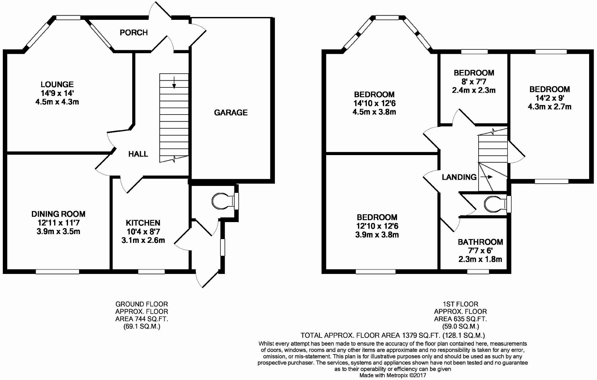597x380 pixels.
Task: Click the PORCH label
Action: tap(134, 32)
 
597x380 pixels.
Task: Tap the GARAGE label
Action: tap(230, 112)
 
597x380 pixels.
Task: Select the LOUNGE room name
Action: tap(57, 84)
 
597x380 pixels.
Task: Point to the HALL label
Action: tap(138, 154)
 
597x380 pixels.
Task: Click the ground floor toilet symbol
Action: tap(223, 201)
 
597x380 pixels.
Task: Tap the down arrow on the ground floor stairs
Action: tap(174, 82)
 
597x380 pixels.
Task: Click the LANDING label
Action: tap(459, 177)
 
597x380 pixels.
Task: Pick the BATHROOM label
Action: tap(480, 242)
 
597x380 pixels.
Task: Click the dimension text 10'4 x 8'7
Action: tap(143, 232)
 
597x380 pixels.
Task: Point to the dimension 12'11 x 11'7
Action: tap(58, 223)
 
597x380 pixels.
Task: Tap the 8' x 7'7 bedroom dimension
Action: tap(474, 81)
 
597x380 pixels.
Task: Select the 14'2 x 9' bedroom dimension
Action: tap(549, 98)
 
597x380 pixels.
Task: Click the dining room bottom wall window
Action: tap(57, 271)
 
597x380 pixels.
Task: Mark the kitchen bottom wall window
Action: tap(151, 271)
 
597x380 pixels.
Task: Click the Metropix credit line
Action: tap(393, 375)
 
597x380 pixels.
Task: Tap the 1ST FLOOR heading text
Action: tap(460, 304)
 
